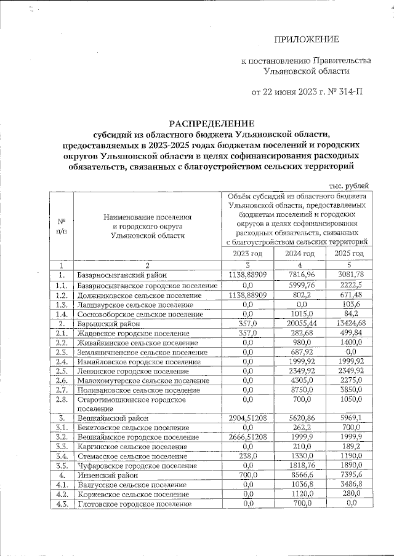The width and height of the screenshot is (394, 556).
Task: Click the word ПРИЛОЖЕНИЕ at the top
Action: tap(306, 40)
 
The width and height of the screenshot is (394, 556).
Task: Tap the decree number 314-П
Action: tap(347, 92)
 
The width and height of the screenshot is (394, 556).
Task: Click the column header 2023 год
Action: tap(247, 254)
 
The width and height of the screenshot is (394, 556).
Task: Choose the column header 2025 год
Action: tap(349, 254)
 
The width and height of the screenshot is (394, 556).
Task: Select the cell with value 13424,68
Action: tap(349, 323)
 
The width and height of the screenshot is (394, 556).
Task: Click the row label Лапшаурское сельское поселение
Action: tap(139, 304)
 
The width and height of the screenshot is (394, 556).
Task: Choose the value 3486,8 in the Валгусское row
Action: tap(349, 485)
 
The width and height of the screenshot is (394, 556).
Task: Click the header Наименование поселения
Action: tap(148, 217)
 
